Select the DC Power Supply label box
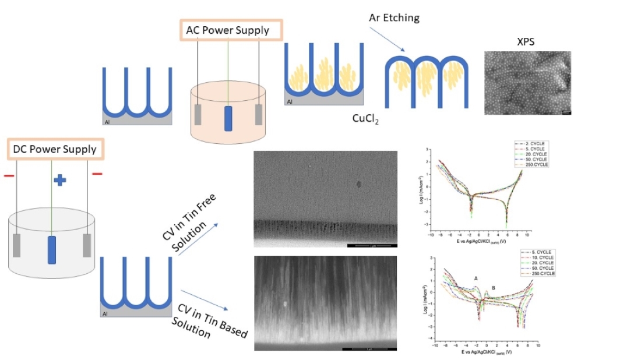(x=55, y=149)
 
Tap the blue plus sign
(x=59, y=180)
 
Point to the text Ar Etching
(x=394, y=17)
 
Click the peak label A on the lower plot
(x=476, y=278)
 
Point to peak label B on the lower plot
(x=493, y=288)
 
